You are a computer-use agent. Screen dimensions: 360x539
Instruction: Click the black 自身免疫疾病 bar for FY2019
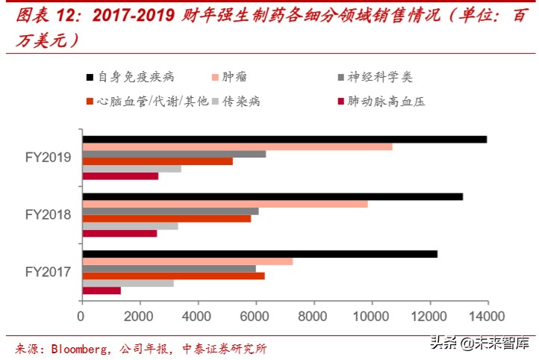[284, 139]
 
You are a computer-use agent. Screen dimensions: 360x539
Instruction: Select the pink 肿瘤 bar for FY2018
[225, 204]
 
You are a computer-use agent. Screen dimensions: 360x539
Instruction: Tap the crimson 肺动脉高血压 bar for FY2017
[102, 291]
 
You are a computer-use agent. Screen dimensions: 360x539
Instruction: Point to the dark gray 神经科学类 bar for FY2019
[174, 154]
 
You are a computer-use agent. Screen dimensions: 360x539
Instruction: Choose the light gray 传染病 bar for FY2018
[130, 226]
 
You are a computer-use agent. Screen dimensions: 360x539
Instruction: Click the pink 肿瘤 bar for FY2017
[187, 261]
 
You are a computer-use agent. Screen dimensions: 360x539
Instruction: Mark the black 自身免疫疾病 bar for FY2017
[259, 254]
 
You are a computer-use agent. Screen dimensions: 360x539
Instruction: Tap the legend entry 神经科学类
[380, 78]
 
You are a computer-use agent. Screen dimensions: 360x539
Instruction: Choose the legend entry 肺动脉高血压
[386, 101]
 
